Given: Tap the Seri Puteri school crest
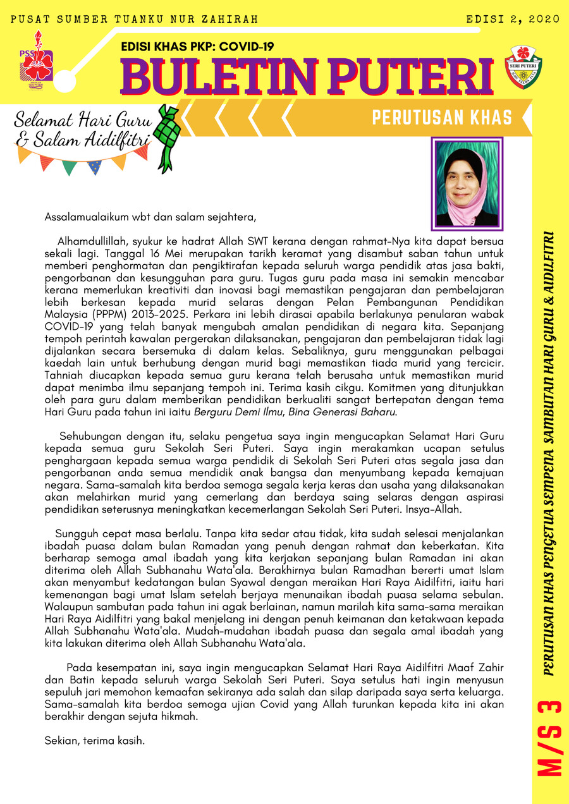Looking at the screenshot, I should point(523,66).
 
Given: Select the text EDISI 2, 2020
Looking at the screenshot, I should point(513,20).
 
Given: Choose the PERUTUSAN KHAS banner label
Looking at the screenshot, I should point(441,118).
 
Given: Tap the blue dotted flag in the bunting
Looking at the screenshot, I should point(94,167).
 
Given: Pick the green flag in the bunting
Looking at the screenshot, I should point(70,166).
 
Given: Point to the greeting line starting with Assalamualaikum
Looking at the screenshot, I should point(150,217).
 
